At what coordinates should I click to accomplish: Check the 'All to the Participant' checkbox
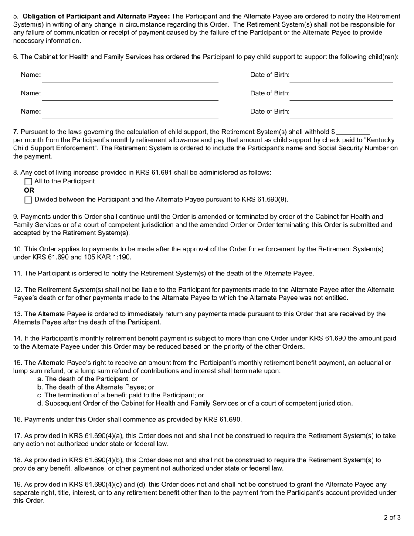pos(28,182)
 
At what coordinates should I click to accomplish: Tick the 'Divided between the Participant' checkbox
pos(28,200)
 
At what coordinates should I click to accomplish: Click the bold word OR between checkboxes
pos(29,190)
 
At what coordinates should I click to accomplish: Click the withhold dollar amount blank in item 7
pos(353,132)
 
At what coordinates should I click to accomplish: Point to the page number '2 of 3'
pos(392,518)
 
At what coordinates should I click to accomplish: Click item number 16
pos(17,420)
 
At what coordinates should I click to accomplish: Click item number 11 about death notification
pos(17,274)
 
